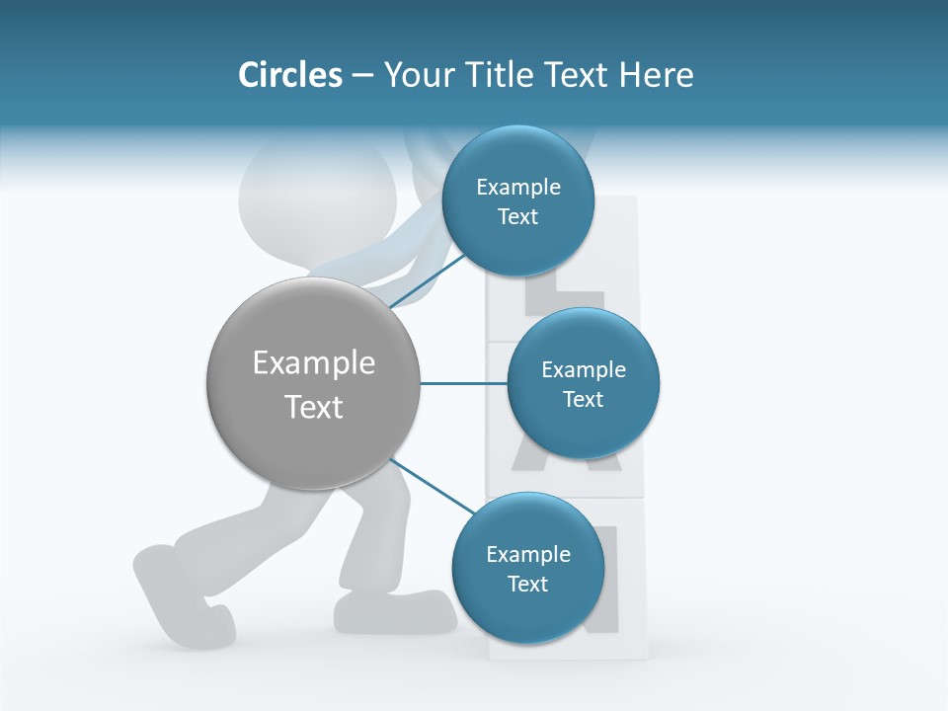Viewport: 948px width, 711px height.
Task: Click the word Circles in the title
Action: pos(289,75)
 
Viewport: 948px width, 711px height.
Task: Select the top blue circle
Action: pos(517,158)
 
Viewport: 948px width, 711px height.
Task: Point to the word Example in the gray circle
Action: pos(313,363)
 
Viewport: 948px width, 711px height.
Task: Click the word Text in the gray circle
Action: pos(313,406)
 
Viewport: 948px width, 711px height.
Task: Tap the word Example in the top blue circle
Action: pos(517,188)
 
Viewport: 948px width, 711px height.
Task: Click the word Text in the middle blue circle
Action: pos(583,399)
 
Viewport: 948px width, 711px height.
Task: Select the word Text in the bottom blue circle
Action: pos(527,584)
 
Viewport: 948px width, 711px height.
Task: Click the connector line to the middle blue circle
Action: pos(464,383)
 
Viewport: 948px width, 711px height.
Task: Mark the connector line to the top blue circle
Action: pos(427,281)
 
